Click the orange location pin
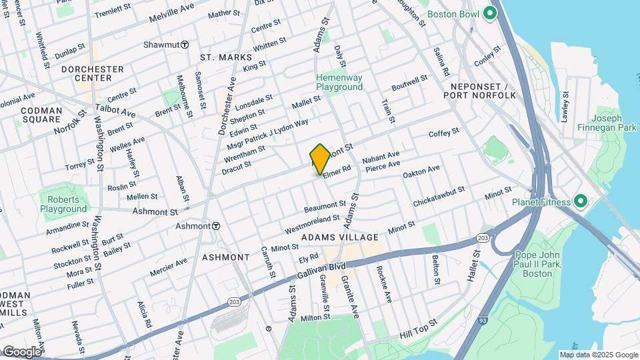[320, 159]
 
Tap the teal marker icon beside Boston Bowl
[491, 13]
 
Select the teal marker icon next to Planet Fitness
[579, 201]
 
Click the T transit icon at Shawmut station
[184, 45]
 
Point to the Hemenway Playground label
[339, 82]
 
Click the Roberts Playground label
[63, 204]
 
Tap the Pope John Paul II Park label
[539, 263]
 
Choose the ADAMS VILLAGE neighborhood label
[340, 237]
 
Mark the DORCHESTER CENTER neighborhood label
[93, 73]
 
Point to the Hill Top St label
[419, 327]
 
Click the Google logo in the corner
[21, 351]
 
